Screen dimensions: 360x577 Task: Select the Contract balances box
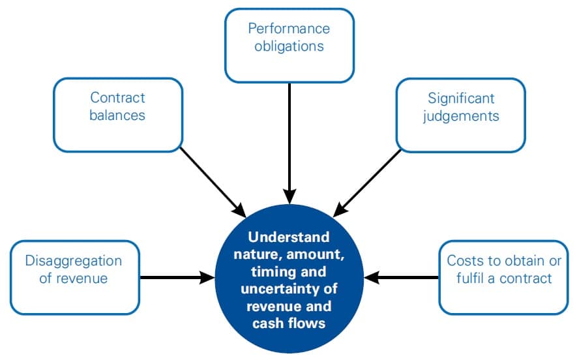117,114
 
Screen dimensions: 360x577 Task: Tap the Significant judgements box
460,114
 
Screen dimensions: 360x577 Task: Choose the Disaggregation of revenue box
74,277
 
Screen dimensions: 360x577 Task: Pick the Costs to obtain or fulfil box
503,277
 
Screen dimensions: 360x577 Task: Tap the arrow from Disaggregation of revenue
176,278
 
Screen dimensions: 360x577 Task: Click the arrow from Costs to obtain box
402,278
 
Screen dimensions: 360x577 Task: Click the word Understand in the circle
289,237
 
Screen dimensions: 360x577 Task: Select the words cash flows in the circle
289,323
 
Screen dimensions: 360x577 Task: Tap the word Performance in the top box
289,29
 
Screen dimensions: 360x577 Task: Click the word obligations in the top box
289,46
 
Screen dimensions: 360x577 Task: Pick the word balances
118,115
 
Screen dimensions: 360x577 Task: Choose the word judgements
461,115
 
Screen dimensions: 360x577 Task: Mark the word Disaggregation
74,261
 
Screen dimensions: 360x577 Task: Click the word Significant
461,98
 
